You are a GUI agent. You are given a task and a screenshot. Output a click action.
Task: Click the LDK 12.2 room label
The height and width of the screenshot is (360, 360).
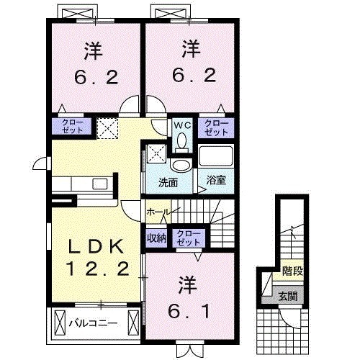point(99,258)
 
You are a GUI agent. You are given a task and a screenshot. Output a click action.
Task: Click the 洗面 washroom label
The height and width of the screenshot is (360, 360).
point(168,183)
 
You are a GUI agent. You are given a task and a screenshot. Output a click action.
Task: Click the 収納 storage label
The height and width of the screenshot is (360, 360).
point(157,238)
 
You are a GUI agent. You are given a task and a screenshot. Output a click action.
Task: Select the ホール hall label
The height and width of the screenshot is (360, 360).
point(158,212)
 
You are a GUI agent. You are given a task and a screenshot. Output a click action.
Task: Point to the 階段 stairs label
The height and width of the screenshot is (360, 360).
point(292,272)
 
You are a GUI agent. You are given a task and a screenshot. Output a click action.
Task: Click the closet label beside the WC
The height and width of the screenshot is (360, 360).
point(214,128)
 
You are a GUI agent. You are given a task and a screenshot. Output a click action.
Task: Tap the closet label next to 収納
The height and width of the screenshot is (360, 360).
point(189,238)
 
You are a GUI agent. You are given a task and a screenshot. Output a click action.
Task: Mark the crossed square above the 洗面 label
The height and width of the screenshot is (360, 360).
point(156,153)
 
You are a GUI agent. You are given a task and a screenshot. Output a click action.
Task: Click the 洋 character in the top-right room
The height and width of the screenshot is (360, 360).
point(190,50)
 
